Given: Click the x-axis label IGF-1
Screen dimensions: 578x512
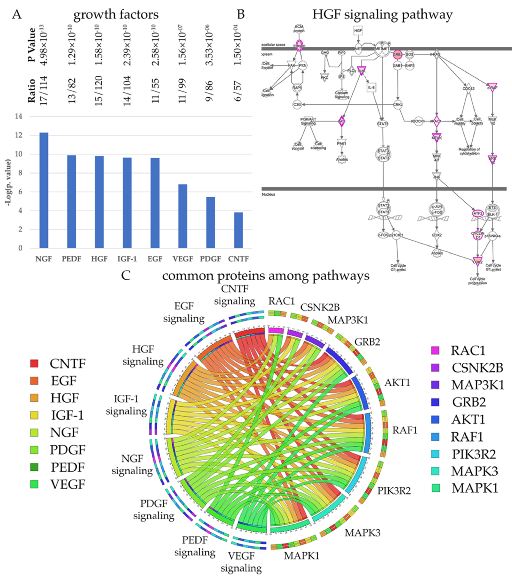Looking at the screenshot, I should pyautogui.click(x=127, y=259).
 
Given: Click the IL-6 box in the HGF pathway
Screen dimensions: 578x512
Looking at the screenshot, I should pyautogui.click(x=371, y=88).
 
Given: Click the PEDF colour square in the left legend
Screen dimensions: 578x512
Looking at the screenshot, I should pyautogui.click(x=34, y=467).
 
